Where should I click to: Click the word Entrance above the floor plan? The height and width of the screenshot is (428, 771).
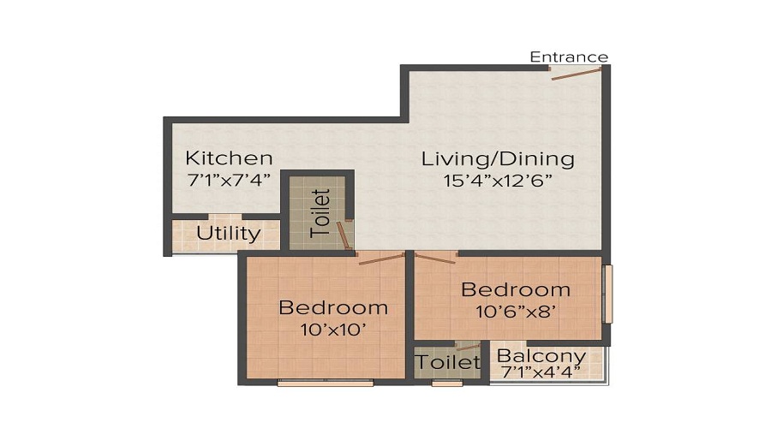[x=568, y=57]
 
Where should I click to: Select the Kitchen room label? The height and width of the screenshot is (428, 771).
[x=230, y=158]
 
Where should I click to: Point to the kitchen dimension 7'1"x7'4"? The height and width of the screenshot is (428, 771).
[x=229, y=180]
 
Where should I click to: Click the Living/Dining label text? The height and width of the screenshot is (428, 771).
[x=497, y=158]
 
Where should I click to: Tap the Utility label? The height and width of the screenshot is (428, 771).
[x=228, y=233]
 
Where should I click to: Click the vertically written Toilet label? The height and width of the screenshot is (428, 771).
[x=320, y=212]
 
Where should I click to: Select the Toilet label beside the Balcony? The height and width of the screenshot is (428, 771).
[x=448, y=362]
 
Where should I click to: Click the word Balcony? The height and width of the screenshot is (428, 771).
[x=541, y=356]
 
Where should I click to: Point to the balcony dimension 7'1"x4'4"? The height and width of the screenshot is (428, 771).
[x=541, y=372]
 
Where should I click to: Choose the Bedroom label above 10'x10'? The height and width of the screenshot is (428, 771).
[x=333, y=307]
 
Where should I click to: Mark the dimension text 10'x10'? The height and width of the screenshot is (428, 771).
[x=333, y=329]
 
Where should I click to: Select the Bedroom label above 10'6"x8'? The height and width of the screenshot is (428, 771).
[x=516, y=289]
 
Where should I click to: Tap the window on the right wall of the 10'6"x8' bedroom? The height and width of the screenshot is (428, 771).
[x=607, y=294]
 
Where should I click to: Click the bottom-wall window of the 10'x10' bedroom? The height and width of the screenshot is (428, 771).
[x=325, y=383]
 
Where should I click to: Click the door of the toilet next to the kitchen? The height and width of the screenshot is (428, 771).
[x=344, y=235]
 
